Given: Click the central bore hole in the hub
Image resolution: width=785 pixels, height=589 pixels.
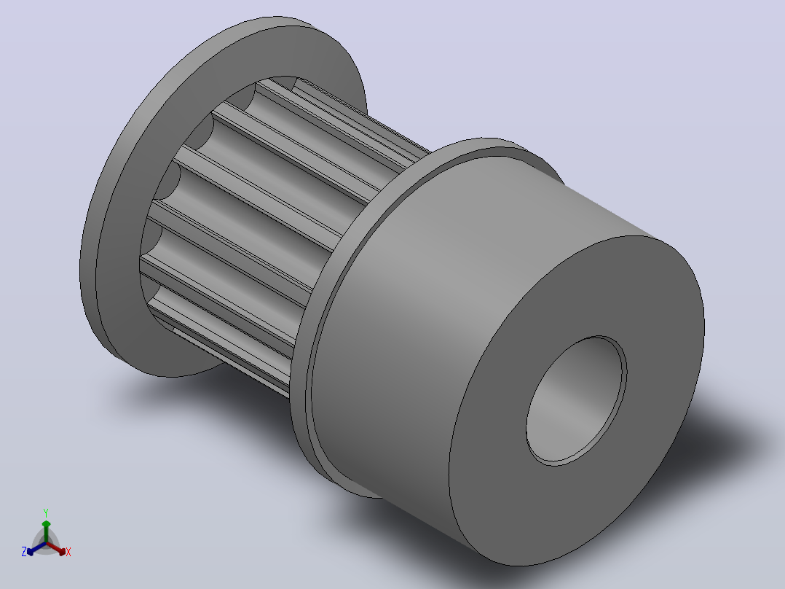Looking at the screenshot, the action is (x=576, y=401).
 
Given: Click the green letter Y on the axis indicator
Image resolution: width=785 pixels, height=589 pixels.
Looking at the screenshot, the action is (x=46, y=512).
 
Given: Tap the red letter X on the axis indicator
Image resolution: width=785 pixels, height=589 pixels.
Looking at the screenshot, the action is (x=68, y=552).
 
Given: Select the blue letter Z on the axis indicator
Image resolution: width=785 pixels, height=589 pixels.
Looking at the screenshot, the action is (x=24, y=552).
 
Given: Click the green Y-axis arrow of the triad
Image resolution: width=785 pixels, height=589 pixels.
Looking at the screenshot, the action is (x=46, y=532).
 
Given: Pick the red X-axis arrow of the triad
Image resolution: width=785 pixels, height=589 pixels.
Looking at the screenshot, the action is (x=56, y=548).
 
